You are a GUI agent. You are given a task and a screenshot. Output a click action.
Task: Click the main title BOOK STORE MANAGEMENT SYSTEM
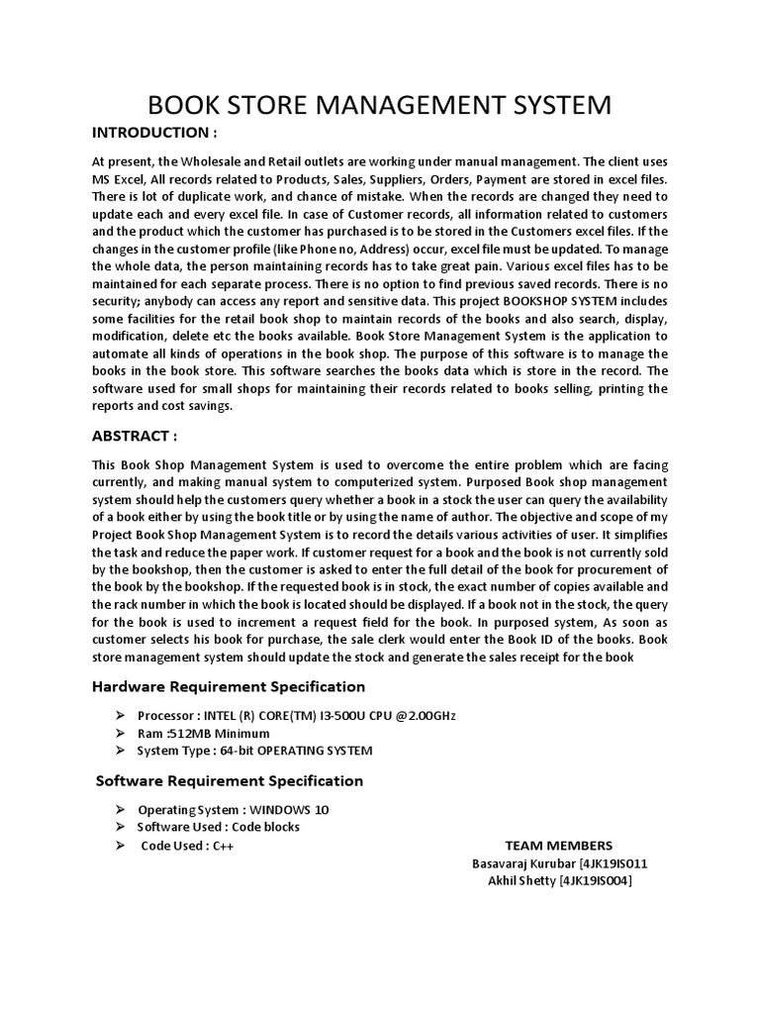[x=379, y=105]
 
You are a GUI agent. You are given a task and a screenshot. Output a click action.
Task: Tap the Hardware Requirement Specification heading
[x=229, y=686]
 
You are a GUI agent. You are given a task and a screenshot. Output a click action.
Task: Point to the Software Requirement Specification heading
[x=229, y=780]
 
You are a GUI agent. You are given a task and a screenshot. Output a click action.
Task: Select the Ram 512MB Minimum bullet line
[x=203, y=733]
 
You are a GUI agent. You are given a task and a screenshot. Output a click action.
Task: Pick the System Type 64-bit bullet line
[x=254, y=751]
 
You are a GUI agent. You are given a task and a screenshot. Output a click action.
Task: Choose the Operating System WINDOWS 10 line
[x=234, y=809]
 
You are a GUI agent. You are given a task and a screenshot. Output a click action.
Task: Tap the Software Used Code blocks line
[x=218, y=827]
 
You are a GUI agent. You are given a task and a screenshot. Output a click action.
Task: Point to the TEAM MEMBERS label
[x=558, y=846]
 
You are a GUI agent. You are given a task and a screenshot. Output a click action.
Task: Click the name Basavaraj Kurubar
[x=517, y=863]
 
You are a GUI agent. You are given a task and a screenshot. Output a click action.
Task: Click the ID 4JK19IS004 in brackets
[x=596, y=881]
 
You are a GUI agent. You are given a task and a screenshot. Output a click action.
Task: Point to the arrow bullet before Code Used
[x=121, y=846]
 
